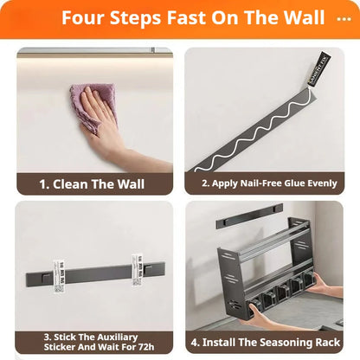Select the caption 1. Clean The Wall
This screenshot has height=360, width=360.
tap(92, 183)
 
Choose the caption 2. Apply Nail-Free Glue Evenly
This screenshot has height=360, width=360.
tap(267, 183)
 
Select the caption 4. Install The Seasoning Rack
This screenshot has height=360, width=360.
tap(267, 343)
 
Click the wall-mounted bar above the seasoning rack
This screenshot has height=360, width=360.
tap(249, 215)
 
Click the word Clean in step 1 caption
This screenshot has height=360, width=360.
tap(81, 183)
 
